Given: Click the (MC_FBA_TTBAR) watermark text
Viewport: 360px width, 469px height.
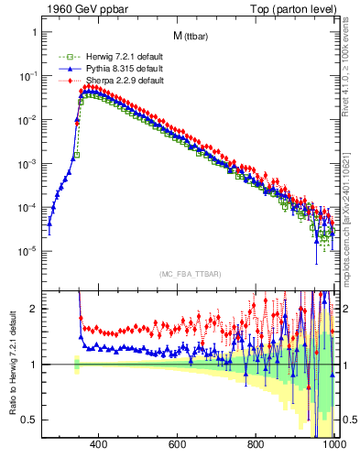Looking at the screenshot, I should (x=189, y=274).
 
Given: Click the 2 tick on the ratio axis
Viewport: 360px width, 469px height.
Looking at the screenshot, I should (x=32, y=309).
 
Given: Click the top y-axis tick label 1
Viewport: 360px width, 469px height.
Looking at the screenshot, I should (x=32, y=32).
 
